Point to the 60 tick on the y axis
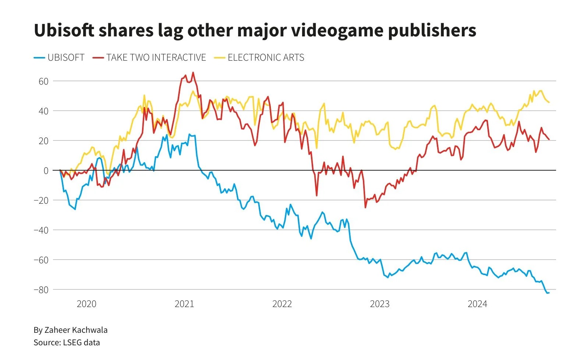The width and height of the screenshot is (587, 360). point(43,81)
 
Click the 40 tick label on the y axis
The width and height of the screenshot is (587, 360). point(43,111)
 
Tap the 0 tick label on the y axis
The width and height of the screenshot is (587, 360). point(46,171)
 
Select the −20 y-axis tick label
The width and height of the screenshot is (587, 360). point(41,200)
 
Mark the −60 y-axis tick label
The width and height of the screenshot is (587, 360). point(41,260)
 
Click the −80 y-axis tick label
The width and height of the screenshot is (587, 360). point(41,290)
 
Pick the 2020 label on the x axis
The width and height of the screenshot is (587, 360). point(86,304)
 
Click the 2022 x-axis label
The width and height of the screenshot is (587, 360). point(282,304)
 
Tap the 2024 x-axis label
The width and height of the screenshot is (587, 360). point(477,304)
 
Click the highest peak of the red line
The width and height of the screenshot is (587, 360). point(193,72)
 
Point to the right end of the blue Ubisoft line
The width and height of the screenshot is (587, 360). point(549,293)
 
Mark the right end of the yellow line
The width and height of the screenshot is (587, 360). point(549,102)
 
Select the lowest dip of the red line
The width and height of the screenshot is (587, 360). point(365,207)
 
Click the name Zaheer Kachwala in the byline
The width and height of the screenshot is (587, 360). point(76,330)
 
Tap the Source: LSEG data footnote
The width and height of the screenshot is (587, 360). point(67,343)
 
